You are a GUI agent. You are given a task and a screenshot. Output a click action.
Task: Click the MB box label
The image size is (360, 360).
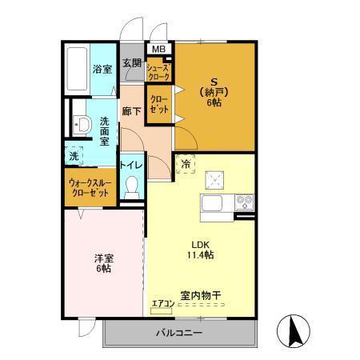[x=158, y=50]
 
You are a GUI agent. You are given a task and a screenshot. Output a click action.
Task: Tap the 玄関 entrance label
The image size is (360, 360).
[x=132, y=63]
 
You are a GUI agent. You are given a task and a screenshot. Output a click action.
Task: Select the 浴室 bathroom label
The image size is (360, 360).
[x=102, y=69]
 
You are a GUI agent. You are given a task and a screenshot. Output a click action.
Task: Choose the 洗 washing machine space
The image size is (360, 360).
[x=74, y=155]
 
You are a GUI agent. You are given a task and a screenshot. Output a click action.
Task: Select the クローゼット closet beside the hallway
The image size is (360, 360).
[x=158, y=106]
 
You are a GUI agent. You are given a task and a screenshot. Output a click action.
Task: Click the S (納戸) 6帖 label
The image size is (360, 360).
[x=214, y=91]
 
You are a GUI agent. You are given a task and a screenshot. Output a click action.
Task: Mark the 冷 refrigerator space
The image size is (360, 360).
[x=186, y=165]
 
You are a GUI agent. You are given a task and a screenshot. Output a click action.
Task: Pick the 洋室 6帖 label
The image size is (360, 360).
[x=102, y=263]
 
